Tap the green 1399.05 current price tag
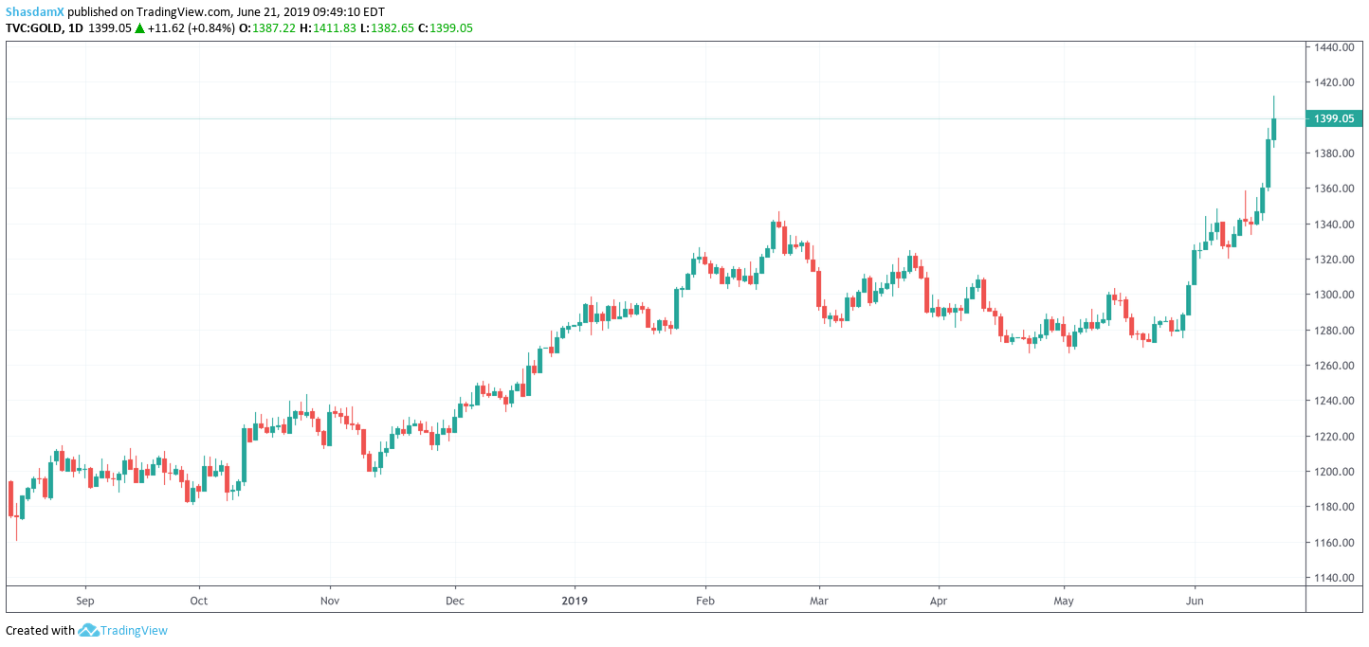click(1333, 118)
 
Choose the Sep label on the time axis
click(85, 601)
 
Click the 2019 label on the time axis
click(575, 601)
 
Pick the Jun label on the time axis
click(1196, 601)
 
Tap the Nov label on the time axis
click(330, 601)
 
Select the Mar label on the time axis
click(820, 601)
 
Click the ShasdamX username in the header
click(34, 11)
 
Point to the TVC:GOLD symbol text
click(36, 28)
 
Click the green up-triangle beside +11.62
click(139, 28)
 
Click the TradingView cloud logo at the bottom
click(88, 630)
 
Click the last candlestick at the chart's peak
click(1274, 129)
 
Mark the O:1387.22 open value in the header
click(259, 28)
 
